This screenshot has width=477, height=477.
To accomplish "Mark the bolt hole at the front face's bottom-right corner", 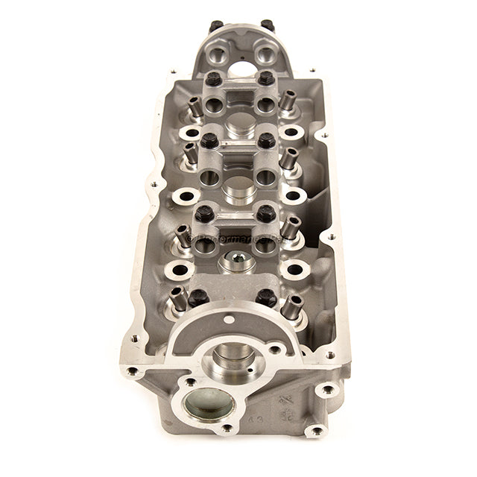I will tap(316, 430).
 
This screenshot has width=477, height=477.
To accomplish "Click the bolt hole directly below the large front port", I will tap(226, 429).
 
